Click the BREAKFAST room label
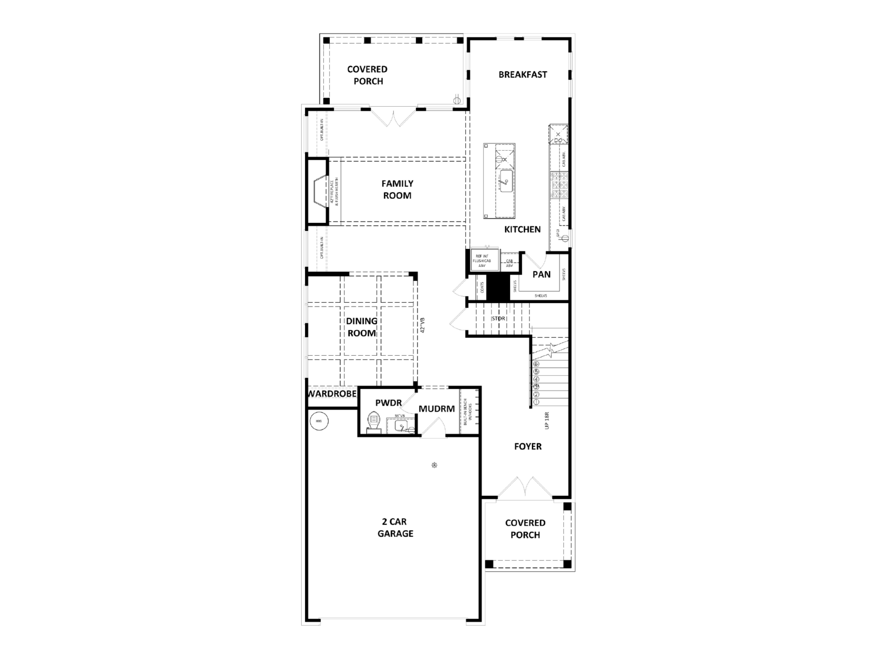522,75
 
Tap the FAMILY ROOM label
397,189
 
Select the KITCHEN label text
522,229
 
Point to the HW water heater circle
319,421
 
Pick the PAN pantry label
541,275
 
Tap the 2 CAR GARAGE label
395,527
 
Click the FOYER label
527,446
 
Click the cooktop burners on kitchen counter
559,184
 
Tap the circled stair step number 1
536,402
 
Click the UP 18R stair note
547,420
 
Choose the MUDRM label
437,409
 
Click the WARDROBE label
332,393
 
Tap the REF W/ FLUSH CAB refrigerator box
484,260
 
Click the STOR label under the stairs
498,319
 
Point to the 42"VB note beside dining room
422,325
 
